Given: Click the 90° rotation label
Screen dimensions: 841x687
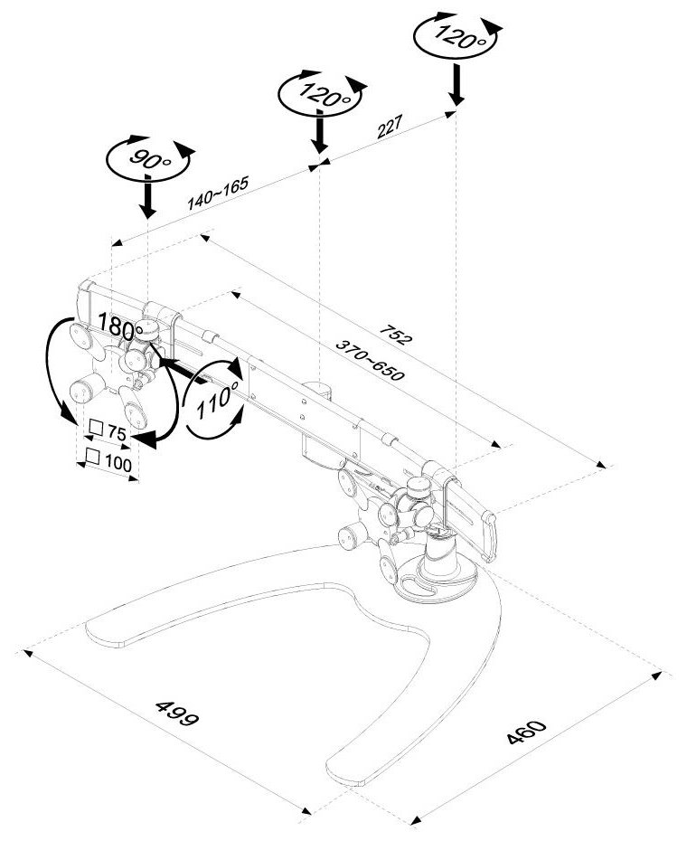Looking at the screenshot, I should [146, 160].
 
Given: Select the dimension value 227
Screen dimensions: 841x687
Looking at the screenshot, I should [389, 130].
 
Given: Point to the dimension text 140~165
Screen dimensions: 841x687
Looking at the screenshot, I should [218, 193].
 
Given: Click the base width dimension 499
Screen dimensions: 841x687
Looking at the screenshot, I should [177, 713].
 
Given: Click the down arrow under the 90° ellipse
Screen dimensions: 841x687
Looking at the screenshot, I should [147, 198].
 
